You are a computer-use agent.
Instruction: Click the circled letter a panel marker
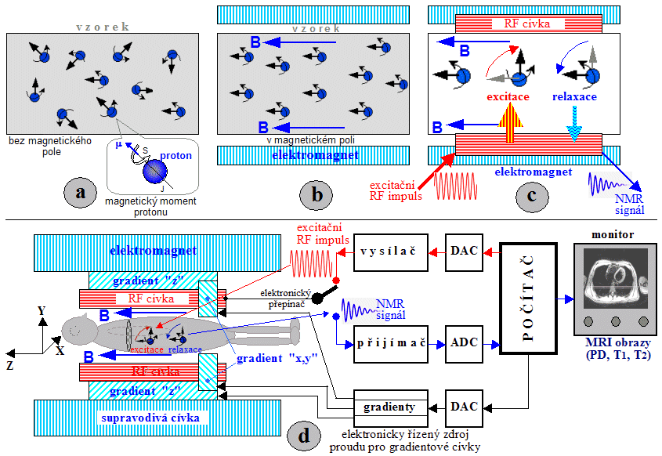[x=81, y=193]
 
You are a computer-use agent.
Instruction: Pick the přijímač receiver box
[x=389, y=344]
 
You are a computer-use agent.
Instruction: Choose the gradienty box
[x=389, y=407]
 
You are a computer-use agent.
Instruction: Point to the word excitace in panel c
[x=507, y=97]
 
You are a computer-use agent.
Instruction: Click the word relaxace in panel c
[x=575, y=97]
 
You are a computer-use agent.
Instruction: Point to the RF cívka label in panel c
[x=515, y=24]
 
